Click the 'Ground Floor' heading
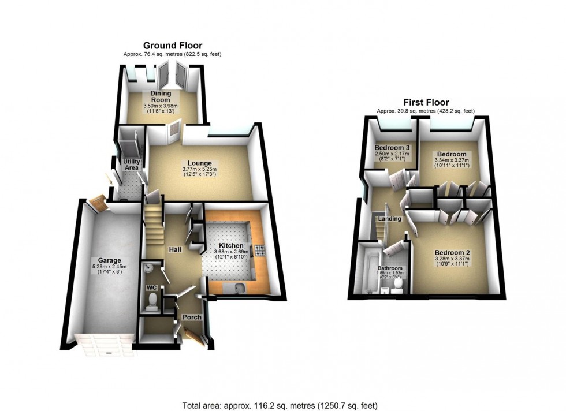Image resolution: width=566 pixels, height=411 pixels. click(x=172, y=46)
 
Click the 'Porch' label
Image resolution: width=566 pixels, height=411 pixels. click(x=188, y=317)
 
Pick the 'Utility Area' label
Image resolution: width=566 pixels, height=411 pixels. click(x=128, y=165)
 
